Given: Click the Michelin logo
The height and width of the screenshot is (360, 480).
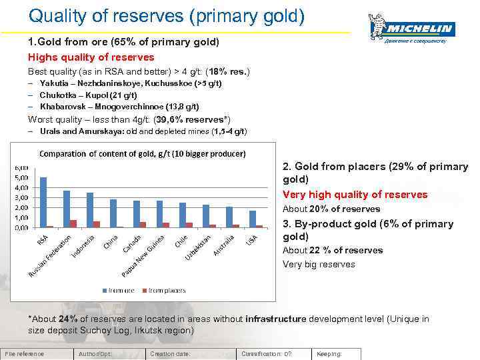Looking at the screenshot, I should tap(411, 30).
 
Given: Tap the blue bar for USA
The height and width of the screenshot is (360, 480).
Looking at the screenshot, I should tap(252, 219).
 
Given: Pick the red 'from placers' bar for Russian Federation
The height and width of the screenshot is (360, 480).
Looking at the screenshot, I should tap(73, 223).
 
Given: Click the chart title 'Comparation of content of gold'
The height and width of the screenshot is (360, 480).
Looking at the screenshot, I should tap(142, 154).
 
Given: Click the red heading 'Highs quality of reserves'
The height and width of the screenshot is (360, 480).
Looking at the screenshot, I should tap(91, 57).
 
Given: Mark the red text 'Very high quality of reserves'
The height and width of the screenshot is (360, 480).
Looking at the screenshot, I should tap(355, 195).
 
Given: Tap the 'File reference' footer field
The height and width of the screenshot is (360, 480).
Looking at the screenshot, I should tap(25, 354).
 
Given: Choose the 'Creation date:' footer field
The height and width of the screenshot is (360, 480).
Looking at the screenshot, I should tap(171, 354).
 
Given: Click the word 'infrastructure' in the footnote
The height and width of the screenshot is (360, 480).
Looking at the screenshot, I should tap(275, 319).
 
